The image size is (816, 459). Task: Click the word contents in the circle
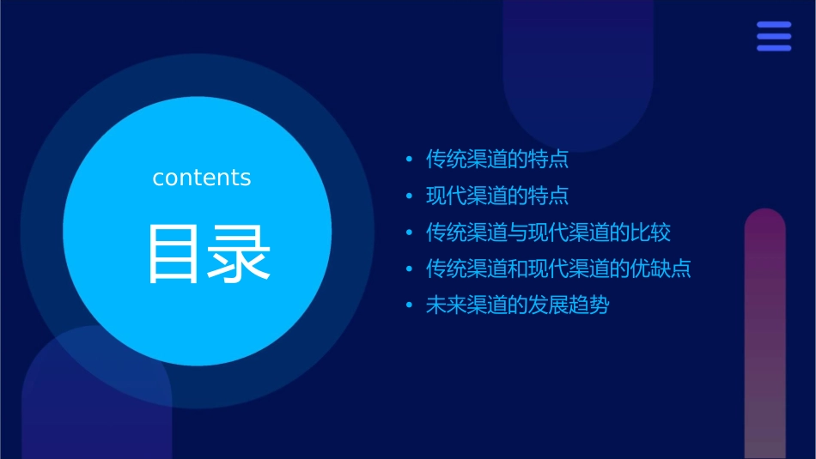[x=202, y=178]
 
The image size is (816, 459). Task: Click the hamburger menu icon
[x=774, y=36]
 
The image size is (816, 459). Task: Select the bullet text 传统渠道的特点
[x=497, y=160]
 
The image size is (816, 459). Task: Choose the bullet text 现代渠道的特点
[x=497, y=196]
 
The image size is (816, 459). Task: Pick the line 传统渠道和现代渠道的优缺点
[x=558, y=269]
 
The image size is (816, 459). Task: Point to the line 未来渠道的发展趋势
[x=517, y=305]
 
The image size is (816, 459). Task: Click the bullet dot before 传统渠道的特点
[x=410, y=160]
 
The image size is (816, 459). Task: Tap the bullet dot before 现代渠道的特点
[x=410, y=196]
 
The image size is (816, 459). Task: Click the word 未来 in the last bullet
[x=447, y=305]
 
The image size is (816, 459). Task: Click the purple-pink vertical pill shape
[x=764, y=335]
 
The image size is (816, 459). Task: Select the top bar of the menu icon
[x=774, y=25]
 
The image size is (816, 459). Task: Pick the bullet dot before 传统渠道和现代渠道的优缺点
[x=410, y=269]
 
